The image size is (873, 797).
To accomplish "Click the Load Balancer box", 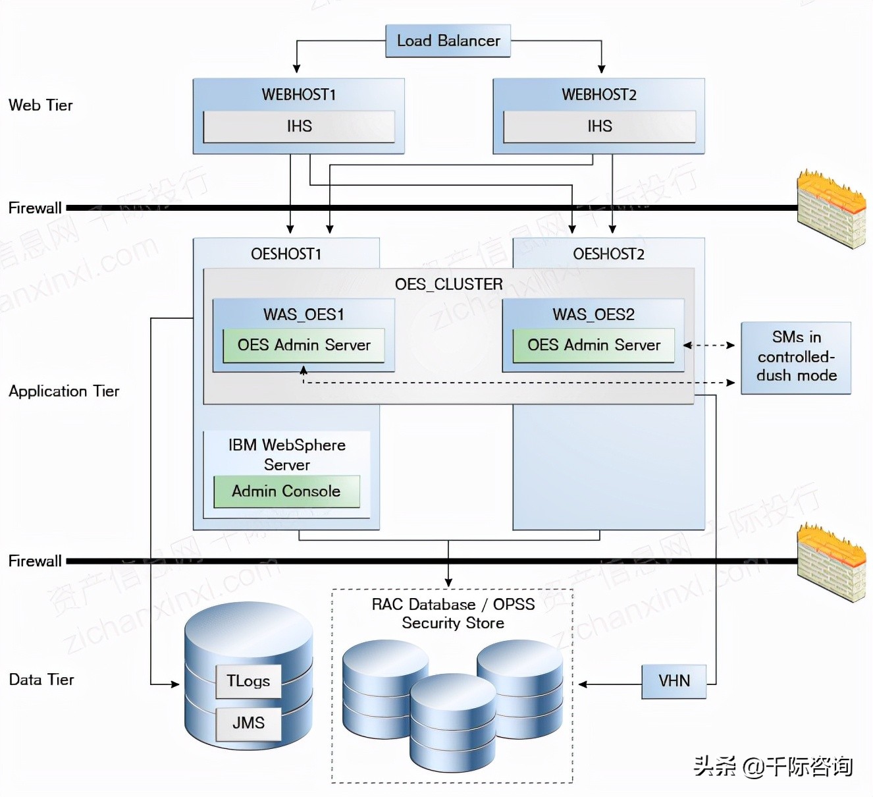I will tap(448, 41).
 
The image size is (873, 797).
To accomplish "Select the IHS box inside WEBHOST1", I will tap(299, 126).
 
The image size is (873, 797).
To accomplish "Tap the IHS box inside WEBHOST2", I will tap(599, 126).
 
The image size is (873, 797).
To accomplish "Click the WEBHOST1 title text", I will tap(299, 95).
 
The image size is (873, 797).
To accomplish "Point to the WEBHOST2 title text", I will tap(599, 95).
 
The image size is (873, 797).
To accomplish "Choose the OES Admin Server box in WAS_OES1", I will tap(304, 345).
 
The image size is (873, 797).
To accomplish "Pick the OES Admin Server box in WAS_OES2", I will tap(593, 345).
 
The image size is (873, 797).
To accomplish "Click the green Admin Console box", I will tap(286, 491).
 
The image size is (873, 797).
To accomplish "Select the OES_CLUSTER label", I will tap(448, 285).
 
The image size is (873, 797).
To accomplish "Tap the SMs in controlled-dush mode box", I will tap(796, 357).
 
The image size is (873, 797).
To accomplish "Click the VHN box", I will tap(674, 681).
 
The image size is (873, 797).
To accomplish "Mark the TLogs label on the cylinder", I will tap(248, 681).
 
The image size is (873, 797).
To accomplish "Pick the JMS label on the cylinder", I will tap(248, 723).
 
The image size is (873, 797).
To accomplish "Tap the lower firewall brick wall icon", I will tap(831, 563).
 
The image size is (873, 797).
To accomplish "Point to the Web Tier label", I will tap(41, 105).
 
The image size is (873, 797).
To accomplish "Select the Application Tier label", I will tap(64, 391).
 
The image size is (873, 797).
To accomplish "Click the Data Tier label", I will tap(41, 680).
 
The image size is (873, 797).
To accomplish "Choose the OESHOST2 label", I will tap(608, 254).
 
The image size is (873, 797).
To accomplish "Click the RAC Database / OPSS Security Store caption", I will tap(453, 614).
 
